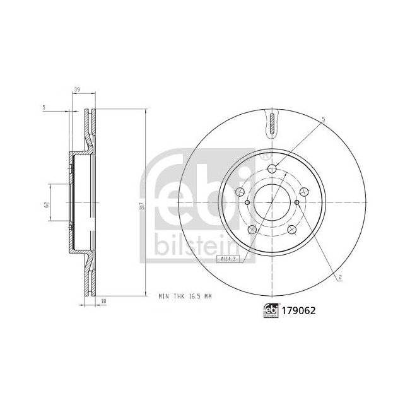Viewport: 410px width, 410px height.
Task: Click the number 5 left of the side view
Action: (44, 108)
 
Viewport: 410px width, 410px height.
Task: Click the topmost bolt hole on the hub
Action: (272, 168)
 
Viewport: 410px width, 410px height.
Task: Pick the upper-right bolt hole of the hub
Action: (304, 192)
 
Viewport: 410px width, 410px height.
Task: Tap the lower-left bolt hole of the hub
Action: (252, 229)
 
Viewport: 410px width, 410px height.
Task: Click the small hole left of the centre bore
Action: (247, 202)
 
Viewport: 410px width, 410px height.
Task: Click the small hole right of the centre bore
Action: (296, 202)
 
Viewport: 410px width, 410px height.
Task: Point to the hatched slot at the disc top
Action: (272, 123)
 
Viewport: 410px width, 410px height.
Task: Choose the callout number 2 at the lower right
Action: (339, 278)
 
